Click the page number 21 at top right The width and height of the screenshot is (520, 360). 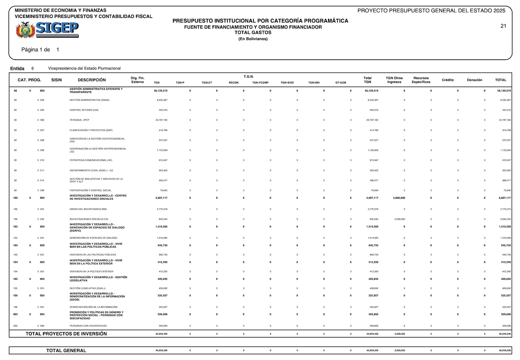503,26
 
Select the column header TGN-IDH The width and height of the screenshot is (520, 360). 314,83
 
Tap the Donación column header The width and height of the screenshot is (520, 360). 474,80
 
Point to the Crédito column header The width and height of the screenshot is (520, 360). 448,80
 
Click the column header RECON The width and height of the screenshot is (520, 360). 233,83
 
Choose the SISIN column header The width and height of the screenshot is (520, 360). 57,80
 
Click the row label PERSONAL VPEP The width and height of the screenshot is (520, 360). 79,120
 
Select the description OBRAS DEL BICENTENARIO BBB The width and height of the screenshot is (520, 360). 88,209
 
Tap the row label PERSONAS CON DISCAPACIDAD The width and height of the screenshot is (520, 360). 88,326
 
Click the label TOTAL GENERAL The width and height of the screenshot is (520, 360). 66,351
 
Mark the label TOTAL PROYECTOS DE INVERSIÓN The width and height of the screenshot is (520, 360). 66,334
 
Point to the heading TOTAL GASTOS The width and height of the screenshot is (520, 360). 253,33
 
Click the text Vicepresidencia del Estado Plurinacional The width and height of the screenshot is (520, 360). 84,68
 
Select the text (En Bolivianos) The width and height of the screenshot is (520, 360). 253,39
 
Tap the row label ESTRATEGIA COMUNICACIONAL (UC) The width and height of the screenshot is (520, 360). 91,160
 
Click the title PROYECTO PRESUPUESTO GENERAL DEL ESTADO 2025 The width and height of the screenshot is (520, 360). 431,11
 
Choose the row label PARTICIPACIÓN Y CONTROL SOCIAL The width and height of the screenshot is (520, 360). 90,190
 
